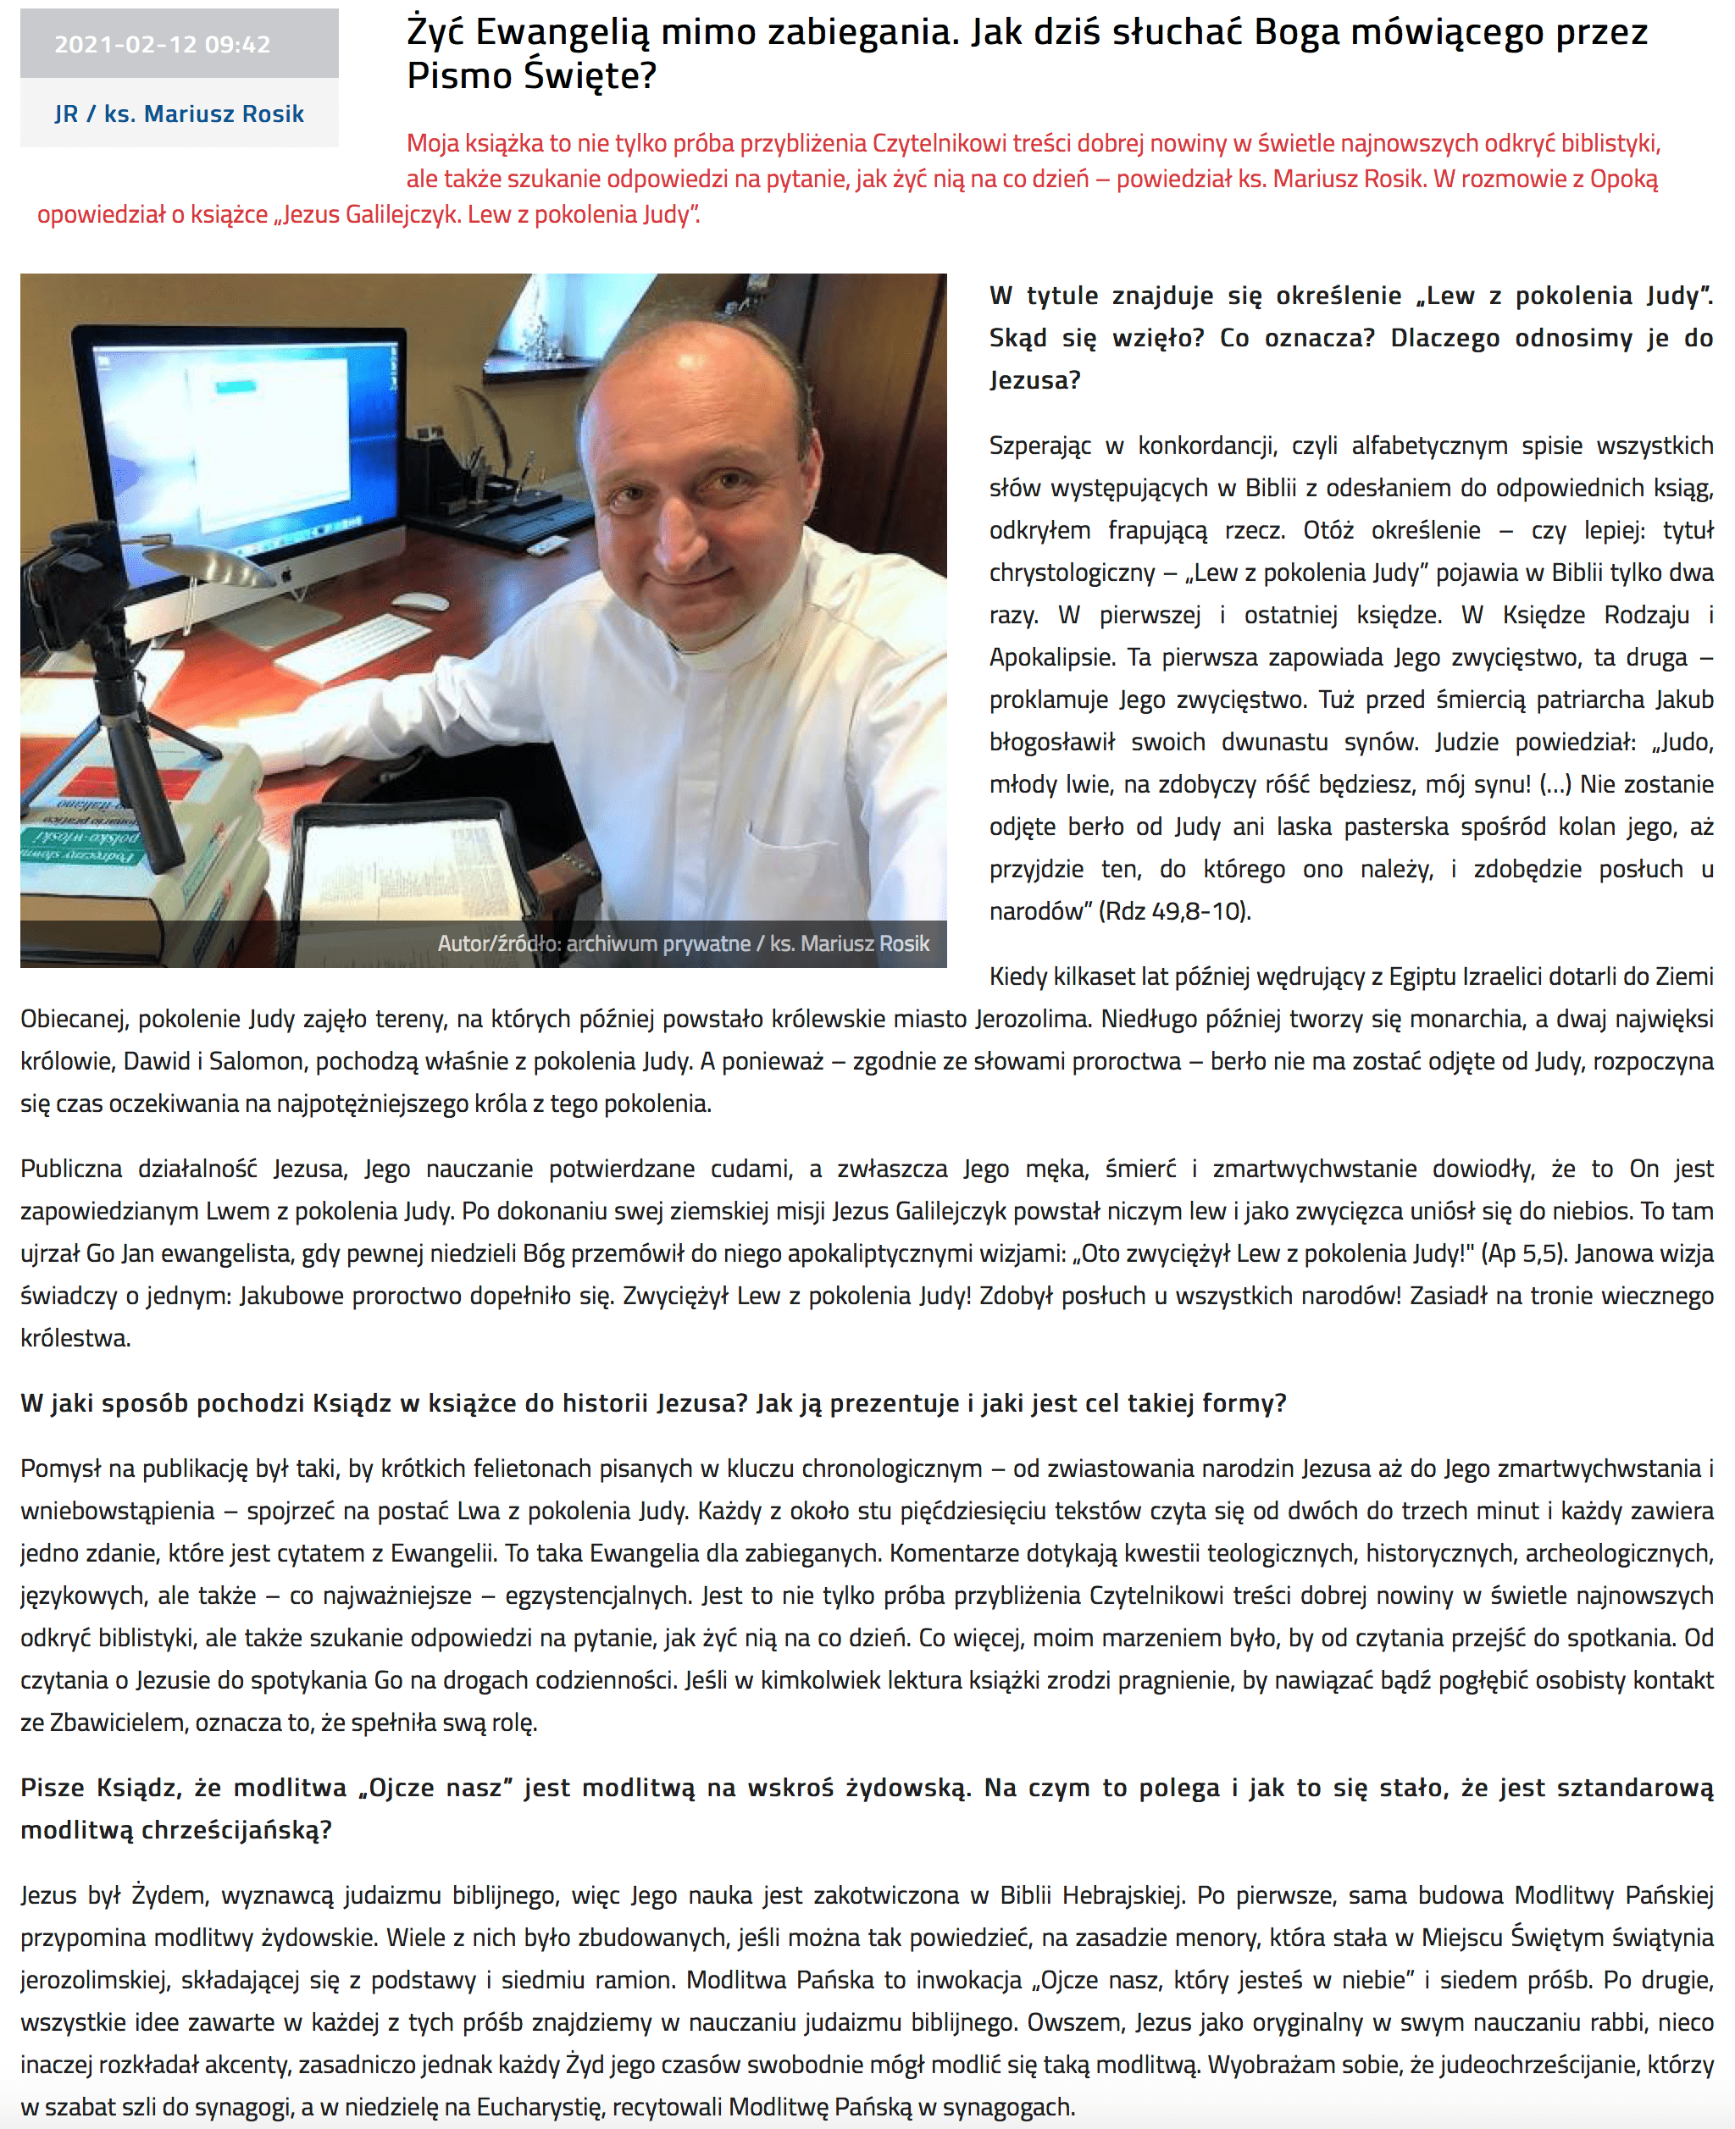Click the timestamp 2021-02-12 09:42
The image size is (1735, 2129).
coord(162,44)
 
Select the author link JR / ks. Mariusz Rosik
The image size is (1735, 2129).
coord(179,113)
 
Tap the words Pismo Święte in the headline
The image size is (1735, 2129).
coord(530,76)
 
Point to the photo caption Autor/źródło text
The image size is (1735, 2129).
coord(683,943)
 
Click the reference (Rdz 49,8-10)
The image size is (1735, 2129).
coord(1173,911)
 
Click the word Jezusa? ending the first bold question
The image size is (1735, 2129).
coord(1034,380)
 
